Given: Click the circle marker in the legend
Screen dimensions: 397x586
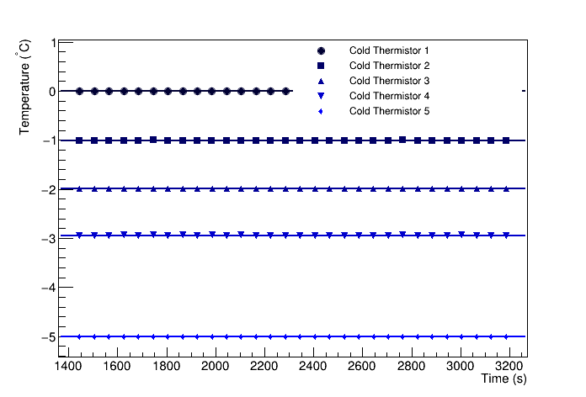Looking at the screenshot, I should [x=321, y=50].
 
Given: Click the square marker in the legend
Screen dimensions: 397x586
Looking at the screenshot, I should [x=321, y=66].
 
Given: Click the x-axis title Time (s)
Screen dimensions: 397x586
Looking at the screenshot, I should [x=503, y=379].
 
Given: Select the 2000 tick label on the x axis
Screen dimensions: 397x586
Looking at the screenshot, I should [x=216, y=367].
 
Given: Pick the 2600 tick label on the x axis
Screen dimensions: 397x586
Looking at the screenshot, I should [x=362, y=367].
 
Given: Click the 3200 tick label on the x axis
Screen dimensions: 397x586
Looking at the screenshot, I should [x=509, y=367].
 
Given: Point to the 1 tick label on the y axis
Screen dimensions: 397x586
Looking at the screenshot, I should [x=53, y=42].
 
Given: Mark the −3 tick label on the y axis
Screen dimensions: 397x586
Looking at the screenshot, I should [x=50, y=239].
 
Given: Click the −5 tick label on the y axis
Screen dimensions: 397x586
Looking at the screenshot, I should [x=50, y=337].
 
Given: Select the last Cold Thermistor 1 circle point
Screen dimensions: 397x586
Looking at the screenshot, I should [x=286, y=91].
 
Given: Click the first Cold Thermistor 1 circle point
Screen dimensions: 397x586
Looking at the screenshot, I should [x=79, y=91].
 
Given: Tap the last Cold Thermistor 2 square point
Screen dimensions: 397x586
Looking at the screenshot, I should [x=506, y=140].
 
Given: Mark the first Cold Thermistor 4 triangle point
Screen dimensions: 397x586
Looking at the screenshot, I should [x=79, y=236].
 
